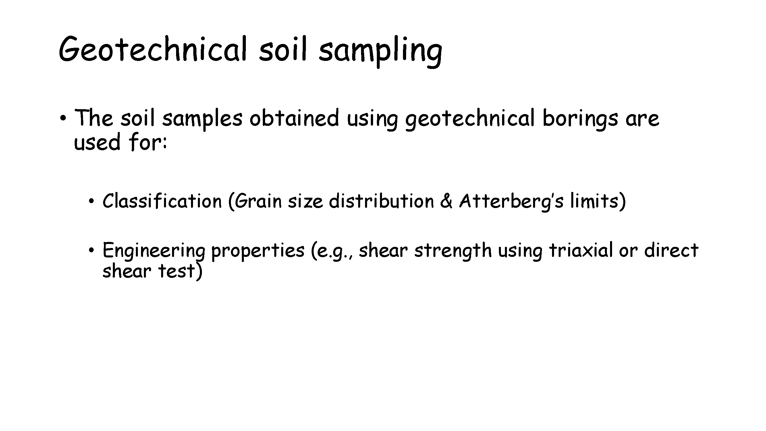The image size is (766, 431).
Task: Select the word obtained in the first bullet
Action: point(294,118)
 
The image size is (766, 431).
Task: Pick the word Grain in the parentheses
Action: point(258,201)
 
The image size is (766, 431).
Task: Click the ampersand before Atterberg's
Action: point(446,201)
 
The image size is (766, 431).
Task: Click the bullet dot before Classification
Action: point(91,202)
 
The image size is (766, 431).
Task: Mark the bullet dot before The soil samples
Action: point(63,119)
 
